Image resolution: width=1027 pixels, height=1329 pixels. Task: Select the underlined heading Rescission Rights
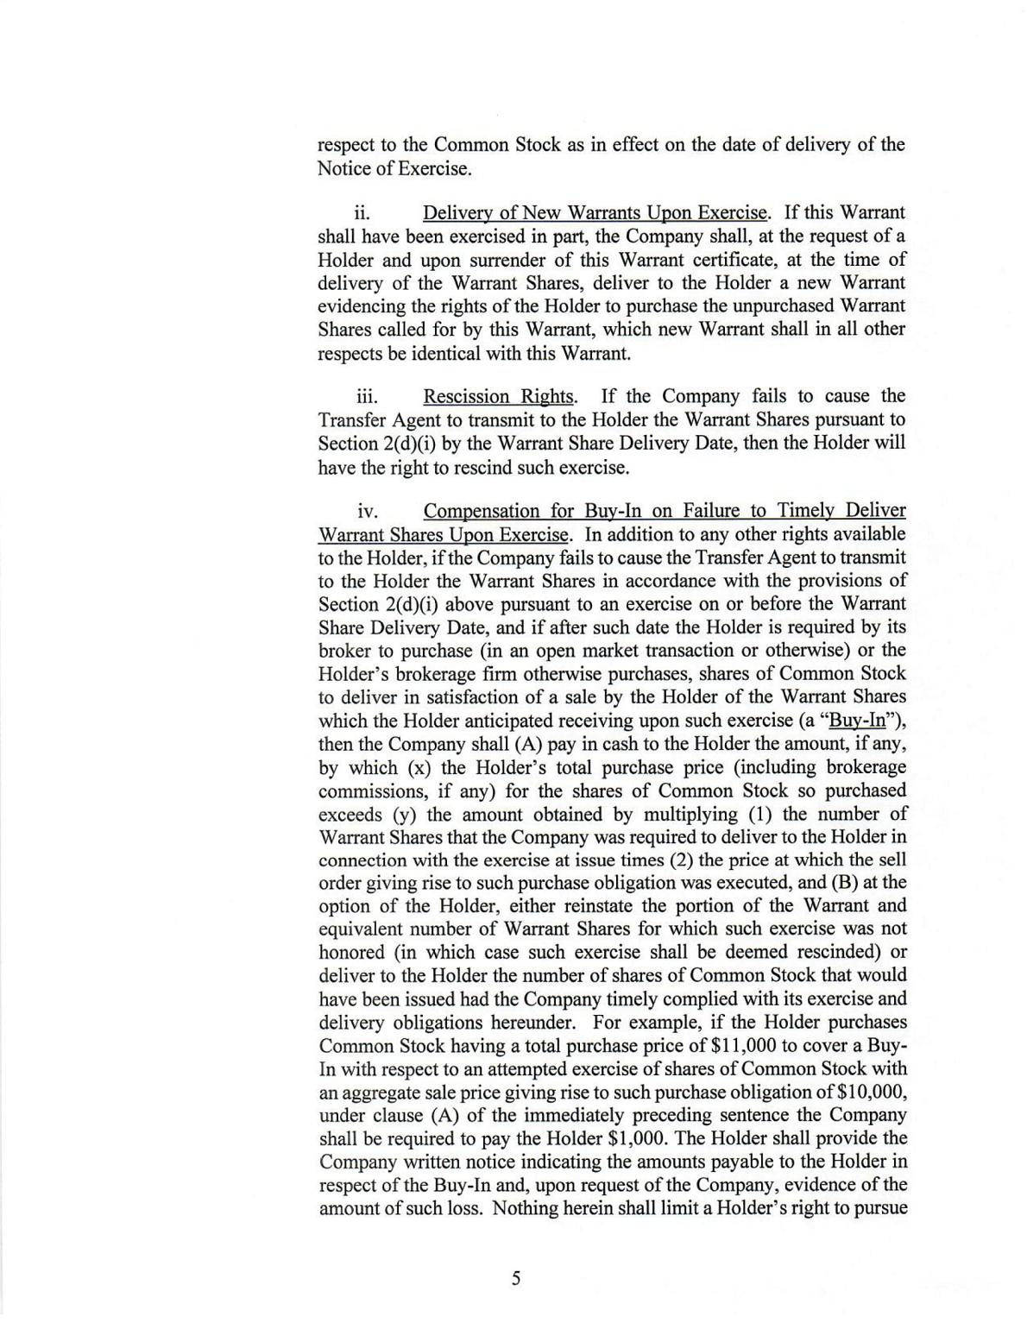(498, 397)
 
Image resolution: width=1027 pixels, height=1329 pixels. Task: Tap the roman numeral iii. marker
(368, 397)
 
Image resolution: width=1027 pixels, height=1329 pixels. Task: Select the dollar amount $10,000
(869, 1093)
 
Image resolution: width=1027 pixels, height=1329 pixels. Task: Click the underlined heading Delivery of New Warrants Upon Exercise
(595, 213)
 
